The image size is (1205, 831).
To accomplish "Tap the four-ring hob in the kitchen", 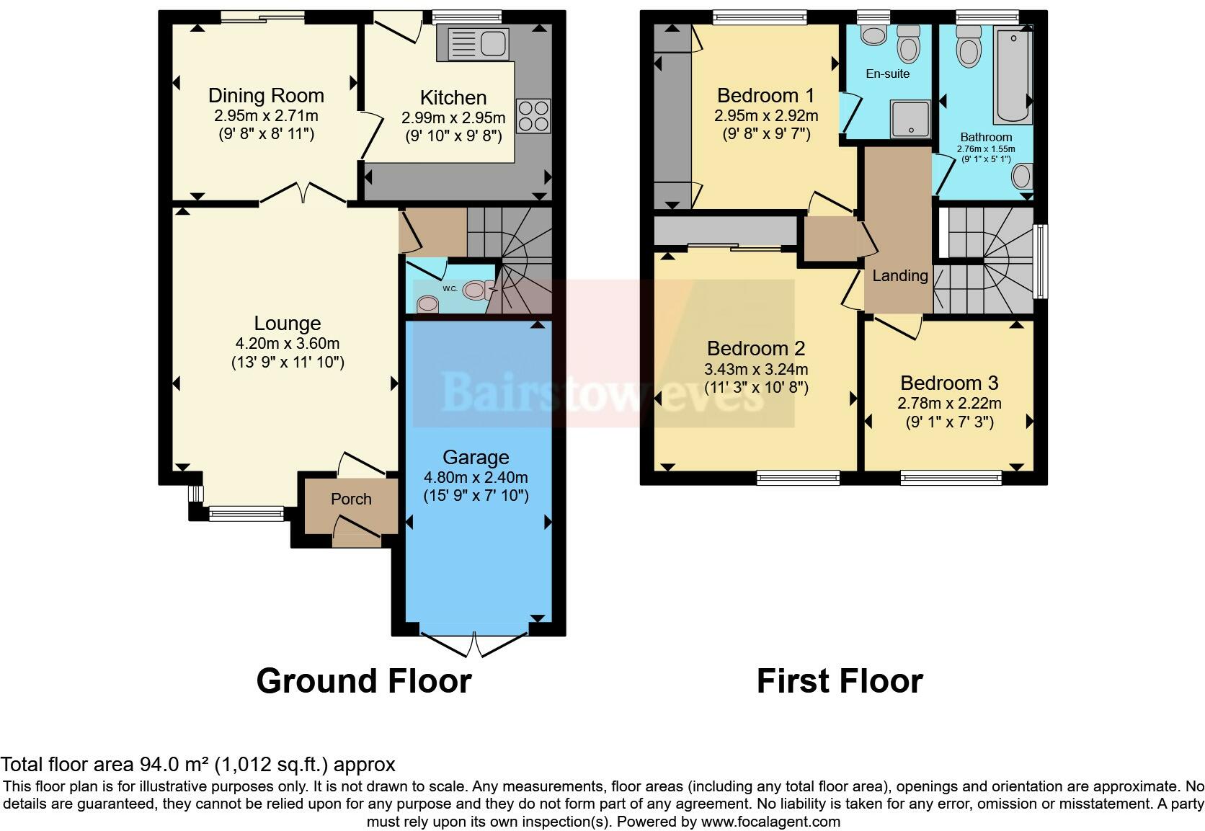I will tap(533, 116).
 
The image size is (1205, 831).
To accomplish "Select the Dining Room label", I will tap(266, 96).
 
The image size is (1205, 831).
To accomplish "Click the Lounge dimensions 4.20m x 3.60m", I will tap(287, 344).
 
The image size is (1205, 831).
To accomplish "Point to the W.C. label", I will tap(450, 288).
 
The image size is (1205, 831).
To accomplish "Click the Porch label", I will tap(351, 499).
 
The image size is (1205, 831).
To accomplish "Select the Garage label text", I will tap(476, 457).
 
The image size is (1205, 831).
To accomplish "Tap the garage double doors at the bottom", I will tap(474, 643).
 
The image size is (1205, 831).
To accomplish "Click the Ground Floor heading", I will tap(364, 681).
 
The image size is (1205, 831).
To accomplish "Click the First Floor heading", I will tap(840, 681).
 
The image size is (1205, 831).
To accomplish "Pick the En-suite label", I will tap(887, 74).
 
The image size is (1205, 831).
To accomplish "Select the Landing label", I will tap(899, 275).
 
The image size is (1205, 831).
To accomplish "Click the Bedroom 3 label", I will tap(949, 383).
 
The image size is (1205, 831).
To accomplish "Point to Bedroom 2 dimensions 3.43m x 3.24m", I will tap(756, 369).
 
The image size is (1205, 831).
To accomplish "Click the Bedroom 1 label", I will tap(765, 95).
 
